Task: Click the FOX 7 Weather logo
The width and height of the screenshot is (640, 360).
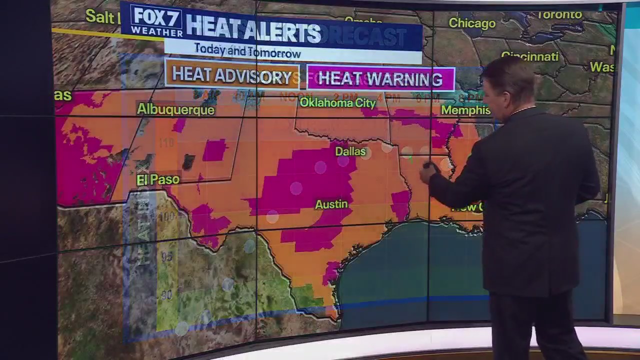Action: [156, 21]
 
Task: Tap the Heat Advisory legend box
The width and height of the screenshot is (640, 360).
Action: [232, 76]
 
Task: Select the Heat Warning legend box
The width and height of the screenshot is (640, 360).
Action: [380, 79]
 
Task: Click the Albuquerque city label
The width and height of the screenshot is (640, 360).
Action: [175, 109]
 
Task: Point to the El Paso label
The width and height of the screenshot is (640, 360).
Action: [157, 179]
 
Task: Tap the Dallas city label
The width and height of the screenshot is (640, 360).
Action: [350, 151]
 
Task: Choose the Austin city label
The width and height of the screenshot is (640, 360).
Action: [331, 204]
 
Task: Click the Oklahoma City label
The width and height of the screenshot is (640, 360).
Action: [337, 103]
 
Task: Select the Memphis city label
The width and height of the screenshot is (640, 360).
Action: [465, 110]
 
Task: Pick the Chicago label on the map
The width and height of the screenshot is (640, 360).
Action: [472, 23]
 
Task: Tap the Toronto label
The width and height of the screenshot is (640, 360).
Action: [559, 14]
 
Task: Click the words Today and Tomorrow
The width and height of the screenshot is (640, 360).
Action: [247, 51]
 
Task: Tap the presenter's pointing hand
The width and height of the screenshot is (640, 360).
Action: [428, 171]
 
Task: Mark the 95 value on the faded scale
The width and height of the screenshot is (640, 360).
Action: [166, 256]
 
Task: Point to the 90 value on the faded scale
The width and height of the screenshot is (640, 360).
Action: [166, 295]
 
